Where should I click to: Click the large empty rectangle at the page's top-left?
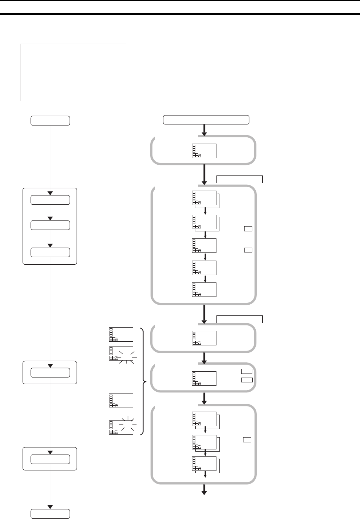[x=73, y=72]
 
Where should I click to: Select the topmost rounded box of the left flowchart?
[x=50, y=120]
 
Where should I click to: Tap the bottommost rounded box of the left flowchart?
[x=50, y=514]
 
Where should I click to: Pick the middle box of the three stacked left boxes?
[x=50, y=225]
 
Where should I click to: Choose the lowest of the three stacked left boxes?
[x=50, y=252]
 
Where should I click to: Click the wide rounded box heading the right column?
[x=206, y=120]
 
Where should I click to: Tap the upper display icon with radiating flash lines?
[x=121, y=353]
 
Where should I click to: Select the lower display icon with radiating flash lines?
[x=121, y=427]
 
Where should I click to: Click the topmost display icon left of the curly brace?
[x=121, y=334]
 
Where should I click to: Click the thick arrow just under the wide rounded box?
[x=204, y=130]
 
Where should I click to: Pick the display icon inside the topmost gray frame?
[x=204, y=151]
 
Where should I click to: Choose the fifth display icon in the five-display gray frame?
[x=204, y=289]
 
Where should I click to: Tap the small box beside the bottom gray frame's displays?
[x=247, y=440]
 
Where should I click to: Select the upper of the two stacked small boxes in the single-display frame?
[x=246, y=371]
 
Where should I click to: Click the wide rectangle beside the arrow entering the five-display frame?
[x=239, y=180]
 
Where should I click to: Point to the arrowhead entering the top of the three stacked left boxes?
[x=50, y=193]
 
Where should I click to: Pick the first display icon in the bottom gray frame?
[x=204, y=418]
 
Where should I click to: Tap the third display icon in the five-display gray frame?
[x=204, y=245]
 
